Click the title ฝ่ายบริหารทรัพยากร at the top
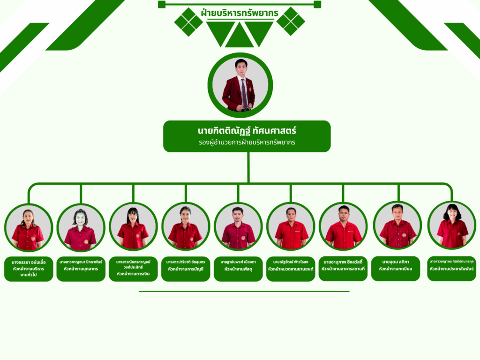[x=239, y=13]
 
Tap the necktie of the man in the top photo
[x=244, y=92]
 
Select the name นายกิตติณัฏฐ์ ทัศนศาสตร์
[x=247, y=129]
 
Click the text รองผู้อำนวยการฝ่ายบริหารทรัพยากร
[x=247, y=142]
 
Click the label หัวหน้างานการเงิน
[x=133, y=273]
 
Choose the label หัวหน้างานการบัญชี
[x=186, y=269]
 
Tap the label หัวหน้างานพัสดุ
[x=238, y=269]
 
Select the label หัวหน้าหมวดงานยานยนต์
[x=291, y=269]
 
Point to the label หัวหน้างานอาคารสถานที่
[x=343, y=269]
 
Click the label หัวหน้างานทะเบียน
[x=396, y=269]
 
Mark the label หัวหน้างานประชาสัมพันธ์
[x=452, y=269]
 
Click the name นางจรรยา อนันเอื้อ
[x=29, y=262]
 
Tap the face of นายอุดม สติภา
[x=397, y=212]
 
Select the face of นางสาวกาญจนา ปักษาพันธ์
[x=81, y=219]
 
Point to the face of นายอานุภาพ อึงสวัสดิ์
[x=344, y=214]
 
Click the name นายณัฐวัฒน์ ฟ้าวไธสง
[x=291, y=262]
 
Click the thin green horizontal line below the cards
[x=244, y=291]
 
